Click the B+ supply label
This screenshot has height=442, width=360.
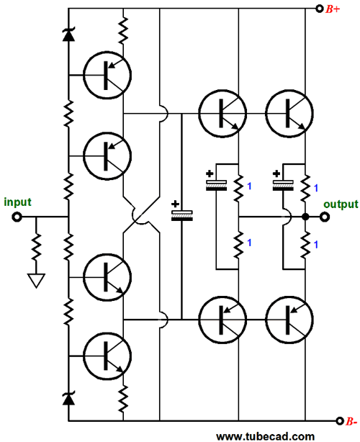333,9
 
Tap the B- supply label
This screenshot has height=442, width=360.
351,421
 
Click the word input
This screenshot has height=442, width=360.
17,202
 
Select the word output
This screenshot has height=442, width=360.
341,204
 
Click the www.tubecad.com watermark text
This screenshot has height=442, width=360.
265,437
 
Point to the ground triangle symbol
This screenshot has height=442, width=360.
37,281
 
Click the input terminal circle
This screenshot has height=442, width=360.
17,217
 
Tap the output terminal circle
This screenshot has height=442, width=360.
325,217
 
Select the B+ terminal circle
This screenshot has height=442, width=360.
319,9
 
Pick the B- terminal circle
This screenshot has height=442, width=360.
340,421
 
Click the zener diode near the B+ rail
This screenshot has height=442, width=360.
68,35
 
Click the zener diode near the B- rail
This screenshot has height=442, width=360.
68,398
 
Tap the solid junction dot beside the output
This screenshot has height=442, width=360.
305,217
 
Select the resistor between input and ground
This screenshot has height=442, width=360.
36,247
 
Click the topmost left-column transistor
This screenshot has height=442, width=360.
107,75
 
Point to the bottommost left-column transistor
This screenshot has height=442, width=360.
107,356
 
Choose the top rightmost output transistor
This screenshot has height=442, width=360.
289,114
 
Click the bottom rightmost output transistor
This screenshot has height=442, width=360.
289,320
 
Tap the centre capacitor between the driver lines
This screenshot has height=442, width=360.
182,216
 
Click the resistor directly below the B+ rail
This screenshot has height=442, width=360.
123,30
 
